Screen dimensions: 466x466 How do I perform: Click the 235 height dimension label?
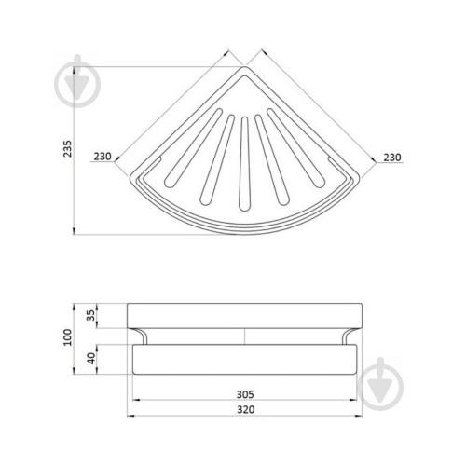coord(67,148)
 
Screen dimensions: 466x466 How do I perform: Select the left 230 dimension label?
coord(103,157)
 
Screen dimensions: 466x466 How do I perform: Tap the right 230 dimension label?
coord(392,158)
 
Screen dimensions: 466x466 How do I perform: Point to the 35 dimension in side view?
coord(90,315)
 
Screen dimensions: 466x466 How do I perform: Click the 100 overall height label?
coord(67,337)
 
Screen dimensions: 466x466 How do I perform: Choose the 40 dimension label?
coord(90,358)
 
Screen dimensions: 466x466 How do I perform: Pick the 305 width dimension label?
coord(245,394)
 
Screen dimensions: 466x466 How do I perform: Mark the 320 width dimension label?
coord(246,409)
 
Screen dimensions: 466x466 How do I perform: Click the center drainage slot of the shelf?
coord(245,164)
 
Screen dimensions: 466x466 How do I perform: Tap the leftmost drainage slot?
coord(193,148)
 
